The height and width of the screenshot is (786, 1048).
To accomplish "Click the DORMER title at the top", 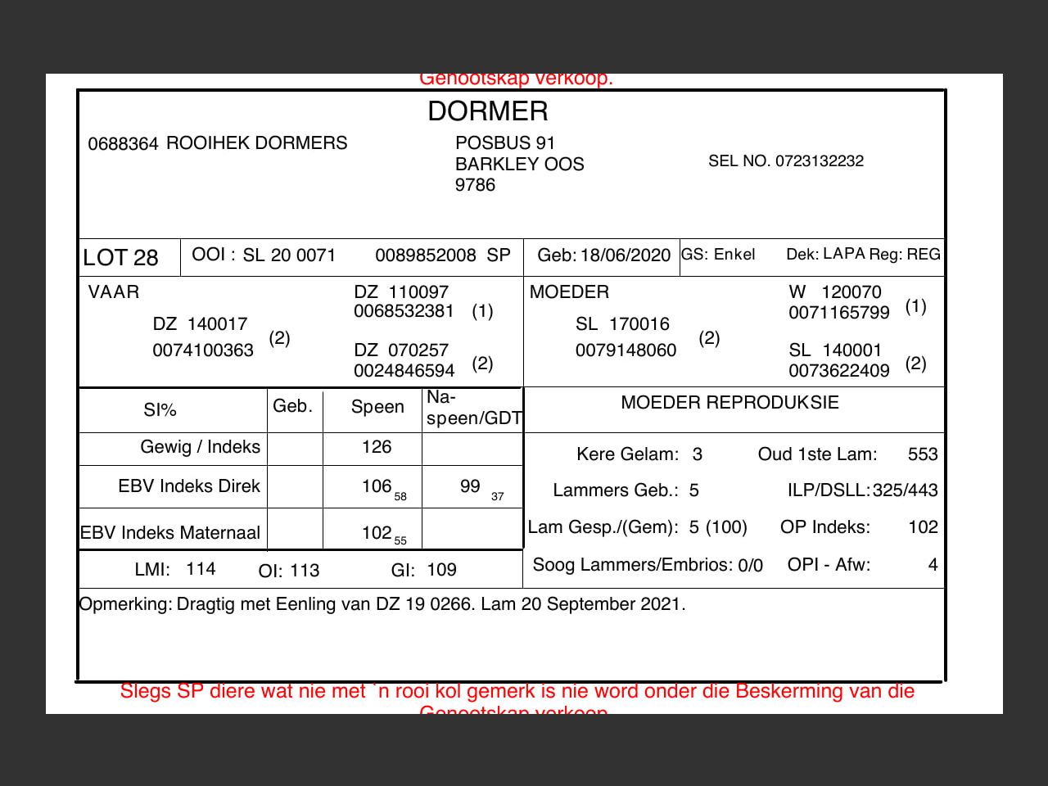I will (x=488, y=111).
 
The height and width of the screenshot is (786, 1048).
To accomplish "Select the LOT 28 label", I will (x=120, y=258).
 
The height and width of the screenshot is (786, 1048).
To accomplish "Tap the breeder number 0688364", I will (x=123, y=144).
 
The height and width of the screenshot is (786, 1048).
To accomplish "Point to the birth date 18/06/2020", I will (x=626, y=255).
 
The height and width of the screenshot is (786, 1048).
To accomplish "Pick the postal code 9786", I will (x=475, y=185).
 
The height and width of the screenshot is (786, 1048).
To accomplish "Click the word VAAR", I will (x=114, y=292).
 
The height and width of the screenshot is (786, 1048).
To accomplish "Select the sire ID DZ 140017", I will (x=200, y=324).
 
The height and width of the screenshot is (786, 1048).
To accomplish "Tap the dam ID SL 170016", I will (x=622, y=324).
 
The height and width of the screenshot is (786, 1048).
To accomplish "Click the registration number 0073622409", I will (x=838, y=371).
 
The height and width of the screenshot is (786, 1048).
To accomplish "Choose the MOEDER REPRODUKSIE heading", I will (x=730, y=403).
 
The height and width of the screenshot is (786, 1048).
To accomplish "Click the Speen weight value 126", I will (x=377, y=447).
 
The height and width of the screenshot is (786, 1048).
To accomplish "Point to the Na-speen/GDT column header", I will (x=473, y=408).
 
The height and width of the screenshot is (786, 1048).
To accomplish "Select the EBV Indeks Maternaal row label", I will (x=170, y=533).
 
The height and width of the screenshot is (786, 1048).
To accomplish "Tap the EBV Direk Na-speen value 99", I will (x=470, y=486).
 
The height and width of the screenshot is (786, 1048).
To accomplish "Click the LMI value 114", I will (x=201, y=569).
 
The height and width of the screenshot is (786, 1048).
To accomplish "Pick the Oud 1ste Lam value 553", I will (x=923, y=454).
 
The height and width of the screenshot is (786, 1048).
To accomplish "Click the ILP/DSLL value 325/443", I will (x=905, y=490).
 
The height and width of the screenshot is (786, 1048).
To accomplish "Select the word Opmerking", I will (x=125, y=604).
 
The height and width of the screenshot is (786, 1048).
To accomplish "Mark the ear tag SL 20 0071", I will (x=289, y=255).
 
